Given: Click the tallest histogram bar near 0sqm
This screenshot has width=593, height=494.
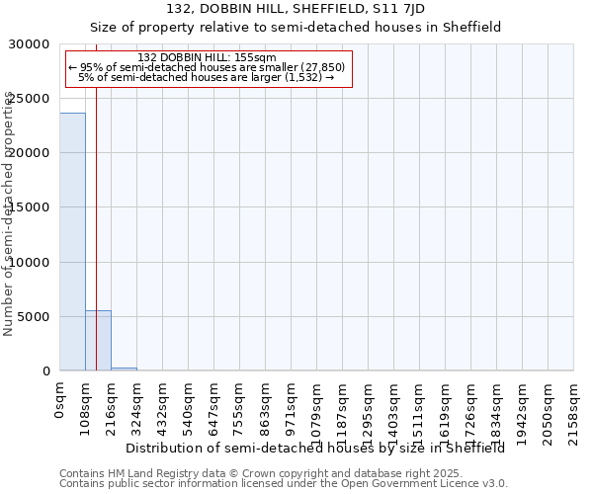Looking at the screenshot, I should (x=72, y=242).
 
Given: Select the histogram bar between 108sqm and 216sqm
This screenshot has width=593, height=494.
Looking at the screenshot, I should (x=98, y=341).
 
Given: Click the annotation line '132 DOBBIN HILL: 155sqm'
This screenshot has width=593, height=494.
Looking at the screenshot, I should (x=208, y=58).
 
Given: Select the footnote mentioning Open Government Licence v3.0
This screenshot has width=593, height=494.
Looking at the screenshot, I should (x=284, y=484).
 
